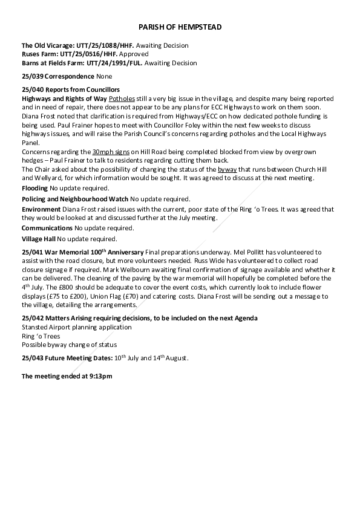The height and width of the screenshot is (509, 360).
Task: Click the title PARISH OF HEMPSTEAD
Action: point(180,27)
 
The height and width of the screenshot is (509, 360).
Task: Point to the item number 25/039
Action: point(32,77)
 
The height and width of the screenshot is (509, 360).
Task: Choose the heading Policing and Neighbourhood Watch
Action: point(74,199)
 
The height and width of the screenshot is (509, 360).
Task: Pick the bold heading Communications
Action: point(47,228)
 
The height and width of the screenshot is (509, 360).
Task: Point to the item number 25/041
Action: point(32,251)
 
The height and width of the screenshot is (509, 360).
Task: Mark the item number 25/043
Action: point(32,358)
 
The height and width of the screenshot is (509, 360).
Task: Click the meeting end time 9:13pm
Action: point(100,376)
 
